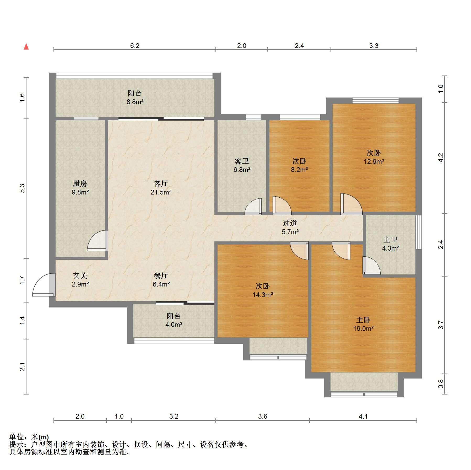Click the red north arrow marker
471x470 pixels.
click(26, 47)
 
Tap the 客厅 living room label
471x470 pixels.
click(161, 183)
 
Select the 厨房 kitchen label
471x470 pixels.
click(80, 183)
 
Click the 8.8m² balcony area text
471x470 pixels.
click(135, 102)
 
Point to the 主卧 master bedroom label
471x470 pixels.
click(363, 320)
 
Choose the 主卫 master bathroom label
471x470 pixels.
click(391, 240)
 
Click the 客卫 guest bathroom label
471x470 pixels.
click(241, 161)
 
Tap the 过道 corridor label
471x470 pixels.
click(290, 223)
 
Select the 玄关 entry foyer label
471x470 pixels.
click(80, 275)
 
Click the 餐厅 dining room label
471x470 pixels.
click(161, 275)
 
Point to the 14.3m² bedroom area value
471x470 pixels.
click(263, 295)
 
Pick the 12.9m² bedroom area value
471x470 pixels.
click(374, 161)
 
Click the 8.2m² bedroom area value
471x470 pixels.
click(299, 170)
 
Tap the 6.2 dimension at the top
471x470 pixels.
click(135, 46)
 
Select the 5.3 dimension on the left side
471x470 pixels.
click(23, 188)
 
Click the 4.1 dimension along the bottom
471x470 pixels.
click(363, 416)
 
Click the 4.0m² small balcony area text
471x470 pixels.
click(174, 325)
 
